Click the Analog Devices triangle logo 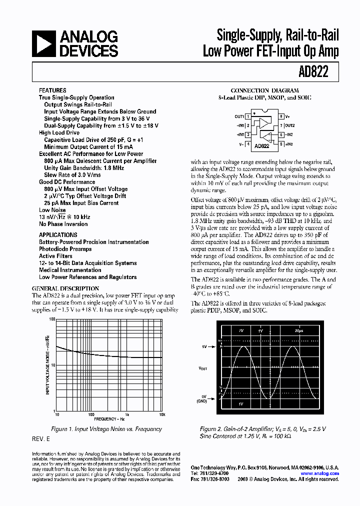click(44, 43)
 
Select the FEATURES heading click(52, 90)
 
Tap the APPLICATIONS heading click(58, 234)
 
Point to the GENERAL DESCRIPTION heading click(65, 288)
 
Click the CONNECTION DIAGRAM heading click(264, 90)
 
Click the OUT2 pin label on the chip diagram click(289, 125)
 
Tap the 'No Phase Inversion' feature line click(63, 224)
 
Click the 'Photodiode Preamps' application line click(65, 249)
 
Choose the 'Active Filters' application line click(55, 256)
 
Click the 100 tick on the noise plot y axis click(51, 319)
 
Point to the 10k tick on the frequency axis click(161, 415)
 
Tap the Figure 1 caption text click(106, 429)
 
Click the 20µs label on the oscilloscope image click(299, 331)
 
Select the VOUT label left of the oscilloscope click(202, 368)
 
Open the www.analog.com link click(319, 473)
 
